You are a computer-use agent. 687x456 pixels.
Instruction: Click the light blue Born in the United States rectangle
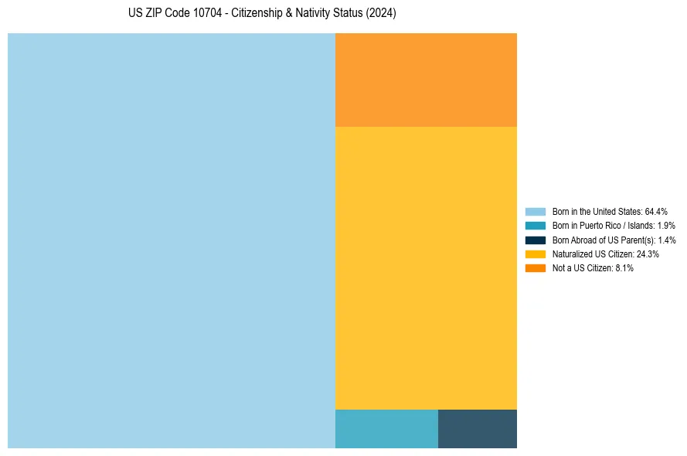[x=172, y=240]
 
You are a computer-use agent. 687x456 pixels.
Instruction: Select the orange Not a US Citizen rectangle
[x=426, y=80]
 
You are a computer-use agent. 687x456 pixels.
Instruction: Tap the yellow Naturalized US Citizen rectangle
[x=426, y=267]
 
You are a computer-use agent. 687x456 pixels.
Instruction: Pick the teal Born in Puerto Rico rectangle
[x=386, y=428]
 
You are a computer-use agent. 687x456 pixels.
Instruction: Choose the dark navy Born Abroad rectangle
[x=477, y=428]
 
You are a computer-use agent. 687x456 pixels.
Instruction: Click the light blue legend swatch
[x=535, y=211]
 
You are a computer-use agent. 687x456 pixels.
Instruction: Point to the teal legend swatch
[x=535, y=226]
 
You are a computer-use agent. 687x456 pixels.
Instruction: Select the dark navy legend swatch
[x=535, y=240]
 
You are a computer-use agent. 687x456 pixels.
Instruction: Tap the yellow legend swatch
[x=535, y=254]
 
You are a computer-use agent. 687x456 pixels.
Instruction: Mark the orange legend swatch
[x=535, y=267]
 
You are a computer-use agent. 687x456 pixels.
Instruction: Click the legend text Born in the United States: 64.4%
[x=610, y=211]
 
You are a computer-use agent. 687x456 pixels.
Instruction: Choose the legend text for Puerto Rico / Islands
[x=614, y=226]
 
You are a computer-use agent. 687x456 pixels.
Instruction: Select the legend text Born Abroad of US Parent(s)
[x=614, y=240]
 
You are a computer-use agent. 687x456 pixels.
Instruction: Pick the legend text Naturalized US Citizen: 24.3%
[x=605, y=254]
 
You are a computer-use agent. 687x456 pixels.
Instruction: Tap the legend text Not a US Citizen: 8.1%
[x=593, y=267]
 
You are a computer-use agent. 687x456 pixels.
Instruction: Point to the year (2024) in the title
[x=381, y=14]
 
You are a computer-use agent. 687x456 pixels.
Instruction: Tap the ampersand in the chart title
[x=288, y=14]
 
